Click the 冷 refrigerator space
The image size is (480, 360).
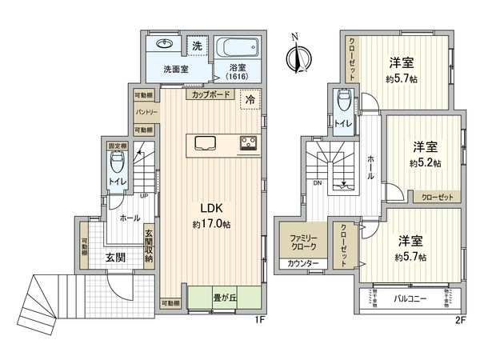(x=250, y=101)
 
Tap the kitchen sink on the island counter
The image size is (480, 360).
(x=203, y=145)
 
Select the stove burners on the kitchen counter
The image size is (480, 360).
(x=247, y=145)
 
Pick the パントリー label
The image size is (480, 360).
(x=145, y=112)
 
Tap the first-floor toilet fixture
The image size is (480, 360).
(x=118, y=166)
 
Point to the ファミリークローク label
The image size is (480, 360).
(x=302, y=243)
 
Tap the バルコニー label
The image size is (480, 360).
(x=410, y=299)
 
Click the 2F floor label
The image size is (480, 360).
(x=458, y=320)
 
